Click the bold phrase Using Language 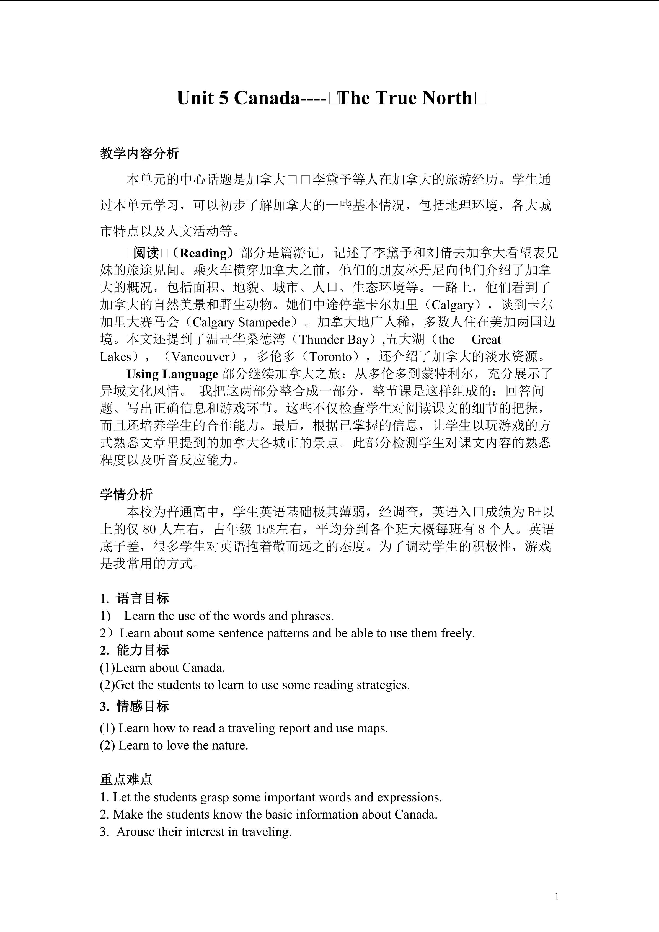pos(172,374)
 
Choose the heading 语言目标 pos(143,598)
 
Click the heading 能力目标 pos(143,650)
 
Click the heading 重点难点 pos(126,779)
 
